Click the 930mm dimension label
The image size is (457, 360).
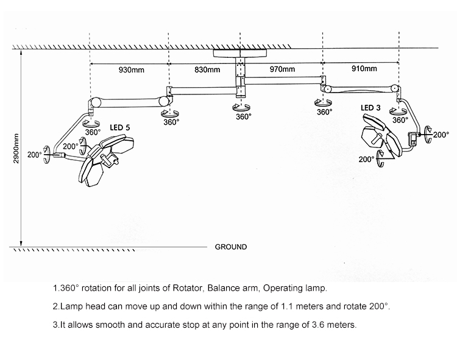point(131,70)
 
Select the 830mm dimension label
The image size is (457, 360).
point(207,70)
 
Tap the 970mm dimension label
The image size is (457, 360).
point(282,69)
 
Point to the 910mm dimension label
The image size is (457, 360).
point(364,68)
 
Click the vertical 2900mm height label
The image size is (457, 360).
point(16,149)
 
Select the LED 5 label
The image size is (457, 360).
point(120,127)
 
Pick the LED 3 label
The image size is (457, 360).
point(370,108)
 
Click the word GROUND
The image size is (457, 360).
point(231,247)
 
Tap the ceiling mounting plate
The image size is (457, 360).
point(240,53)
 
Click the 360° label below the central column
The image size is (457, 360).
point(244,116)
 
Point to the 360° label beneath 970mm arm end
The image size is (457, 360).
point(324,112)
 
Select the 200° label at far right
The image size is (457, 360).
point(441,135)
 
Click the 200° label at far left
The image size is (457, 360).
point(35,155)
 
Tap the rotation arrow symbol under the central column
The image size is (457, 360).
point(241,107)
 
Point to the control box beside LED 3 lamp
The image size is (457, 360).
point(413,138)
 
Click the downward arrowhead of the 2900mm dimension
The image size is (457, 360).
point(21,244)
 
